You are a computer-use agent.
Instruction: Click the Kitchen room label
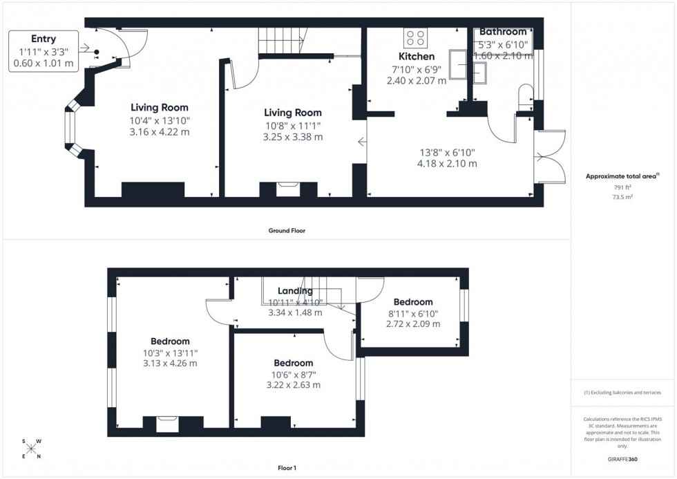coord(417,56)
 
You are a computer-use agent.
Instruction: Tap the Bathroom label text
coord(503,32)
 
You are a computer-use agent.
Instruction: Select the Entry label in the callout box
coord(43,39)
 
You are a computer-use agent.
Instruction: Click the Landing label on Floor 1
coord(295,291)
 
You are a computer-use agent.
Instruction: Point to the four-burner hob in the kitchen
coord(415,37)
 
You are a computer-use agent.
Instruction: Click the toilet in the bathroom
coord(524,95)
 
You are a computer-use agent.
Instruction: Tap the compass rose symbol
coord(31,449)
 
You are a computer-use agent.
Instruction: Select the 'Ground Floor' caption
coord(287,231)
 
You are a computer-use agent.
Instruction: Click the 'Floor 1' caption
coord(286,468)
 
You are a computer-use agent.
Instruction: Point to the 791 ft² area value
coord(623,187)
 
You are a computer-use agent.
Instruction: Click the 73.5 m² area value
coord(623,197)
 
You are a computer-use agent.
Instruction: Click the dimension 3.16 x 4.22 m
coord(160,131)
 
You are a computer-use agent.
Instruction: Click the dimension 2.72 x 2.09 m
coord(413,323)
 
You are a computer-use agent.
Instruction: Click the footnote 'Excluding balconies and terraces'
coord(623,393)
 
